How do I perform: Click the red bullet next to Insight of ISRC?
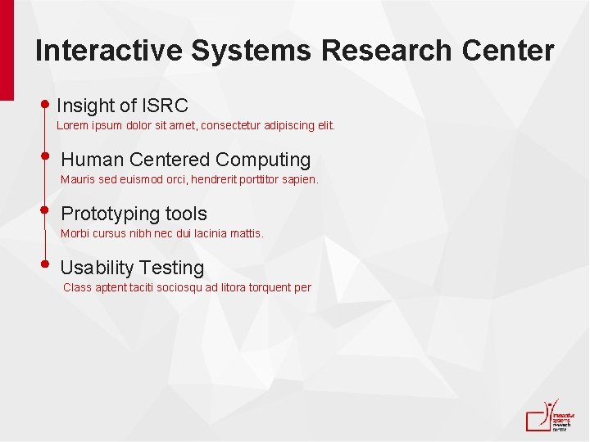(x=46, y=104)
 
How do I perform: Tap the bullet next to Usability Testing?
(x=46, y=264)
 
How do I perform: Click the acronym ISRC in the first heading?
(x=165, y=106)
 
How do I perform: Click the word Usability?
(x=97, y=268)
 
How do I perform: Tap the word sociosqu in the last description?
(x=192, y=287)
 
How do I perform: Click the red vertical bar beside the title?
(x=7, y=49)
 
